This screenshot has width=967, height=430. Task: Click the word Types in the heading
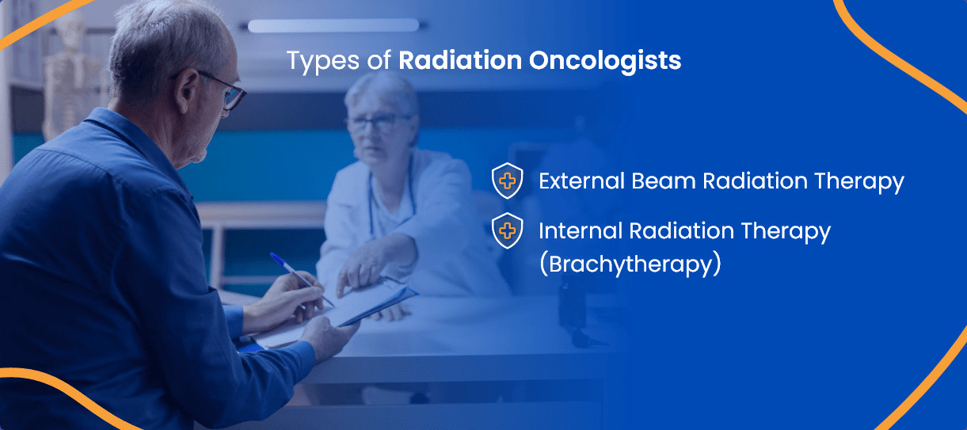[x=323, y=61]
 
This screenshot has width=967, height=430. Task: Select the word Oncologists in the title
[x=605, y=61]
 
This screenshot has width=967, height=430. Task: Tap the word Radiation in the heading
[x=460, y=60]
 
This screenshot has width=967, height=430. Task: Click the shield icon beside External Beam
[x=507, y=181]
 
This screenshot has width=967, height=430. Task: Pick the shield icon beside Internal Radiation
[x=507, y=230]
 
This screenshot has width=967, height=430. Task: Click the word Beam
[x=664, y=181]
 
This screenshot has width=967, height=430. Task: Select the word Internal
[x=581, y=230]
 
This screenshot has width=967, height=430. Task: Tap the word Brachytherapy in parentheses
[x=630, y=264]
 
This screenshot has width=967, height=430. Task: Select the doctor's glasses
[x=378, y=122]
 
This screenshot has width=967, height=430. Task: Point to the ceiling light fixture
[x=333, y=25]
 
